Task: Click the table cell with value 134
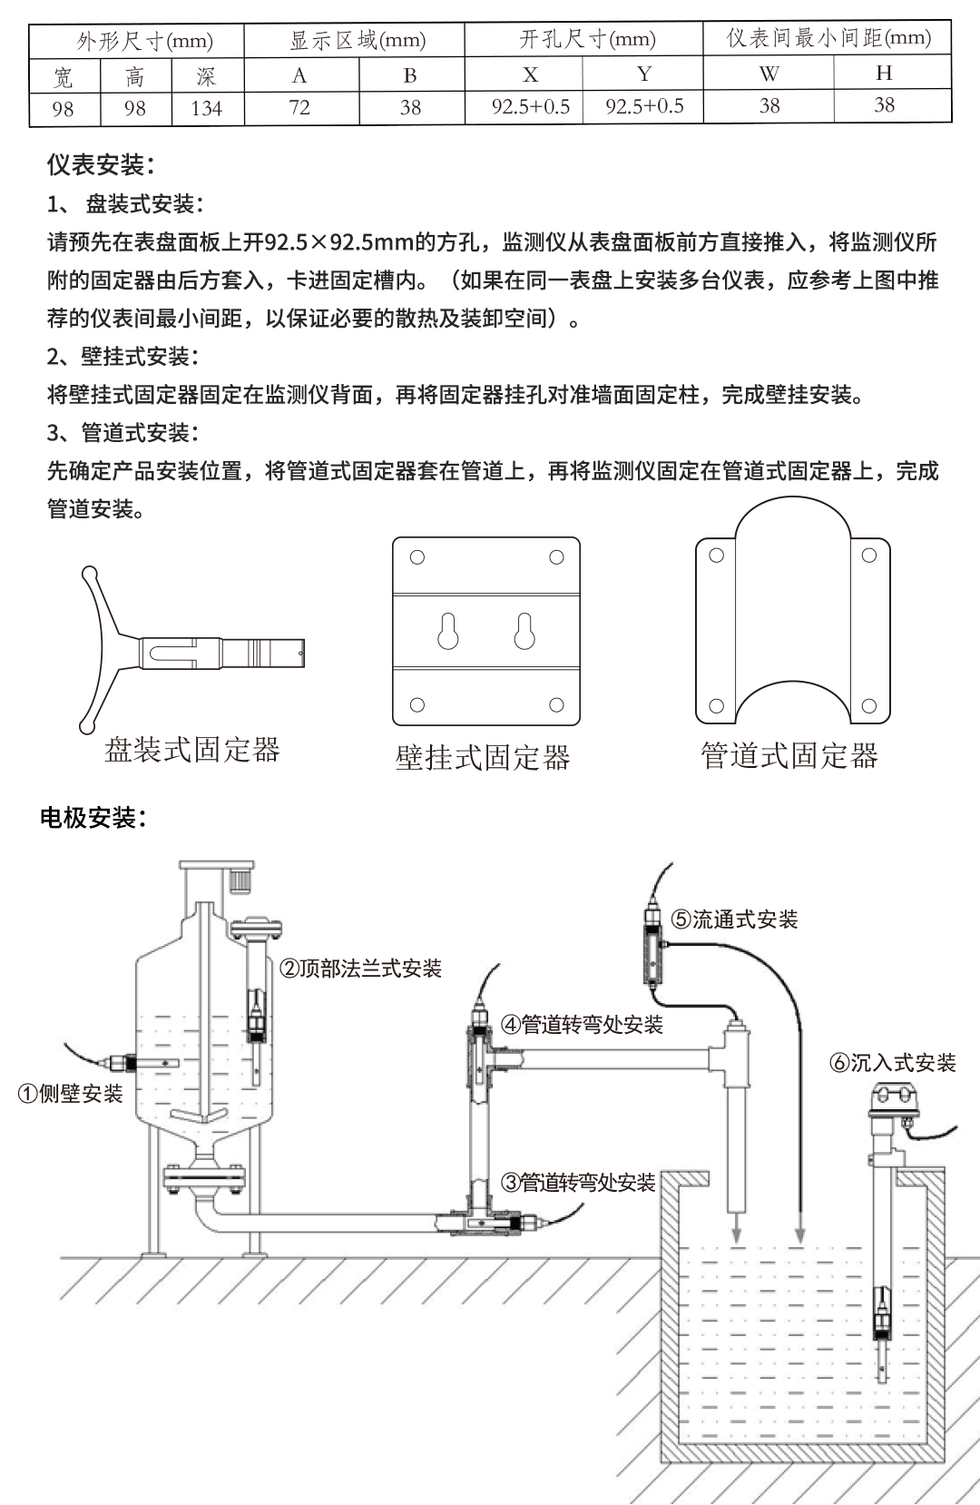coord(207,108)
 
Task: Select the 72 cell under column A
coord(299,107)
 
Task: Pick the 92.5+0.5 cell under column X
coord(531,107)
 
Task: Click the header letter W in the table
coord(769,74)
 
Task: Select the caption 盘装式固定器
coord(192,750)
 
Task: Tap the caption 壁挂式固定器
coord(483,757)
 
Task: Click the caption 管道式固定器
coord(789,755)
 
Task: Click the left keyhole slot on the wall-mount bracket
coord(447,631)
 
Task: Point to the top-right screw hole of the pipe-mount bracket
coord(868,555)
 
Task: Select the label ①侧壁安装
coord(71,1094)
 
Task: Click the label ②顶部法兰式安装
coord(360,969)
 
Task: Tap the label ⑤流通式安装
coord(734,920)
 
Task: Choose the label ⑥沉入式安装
coord(893,1063)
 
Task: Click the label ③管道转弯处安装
coord(578,1182)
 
